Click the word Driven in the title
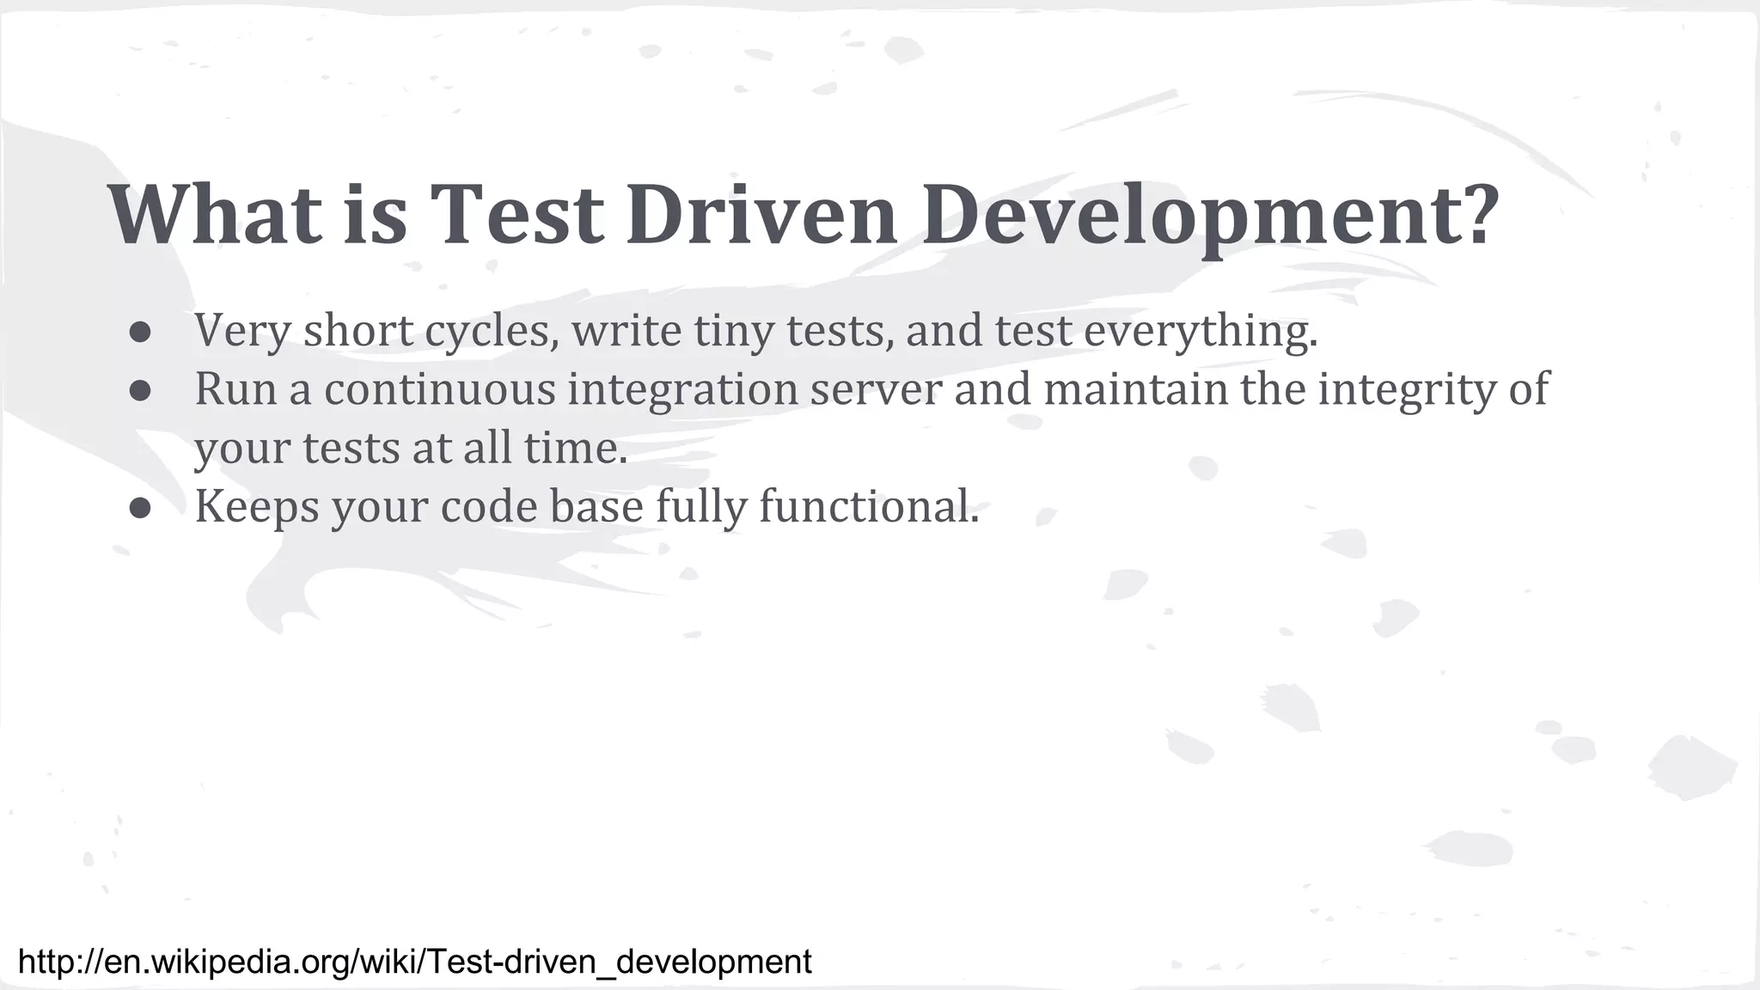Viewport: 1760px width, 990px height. (761, 215)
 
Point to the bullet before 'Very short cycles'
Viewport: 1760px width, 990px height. (141, 332)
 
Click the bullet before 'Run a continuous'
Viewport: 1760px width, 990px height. (141, 390)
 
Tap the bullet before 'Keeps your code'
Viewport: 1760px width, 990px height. (141, 508)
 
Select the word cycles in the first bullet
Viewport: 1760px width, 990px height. (491, 332)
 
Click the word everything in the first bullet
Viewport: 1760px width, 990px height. (1201, 332)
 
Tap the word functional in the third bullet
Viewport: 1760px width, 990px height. (868, 507)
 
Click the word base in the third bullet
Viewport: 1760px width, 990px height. (596, 507)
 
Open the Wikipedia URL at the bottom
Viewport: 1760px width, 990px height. (415, 962)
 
